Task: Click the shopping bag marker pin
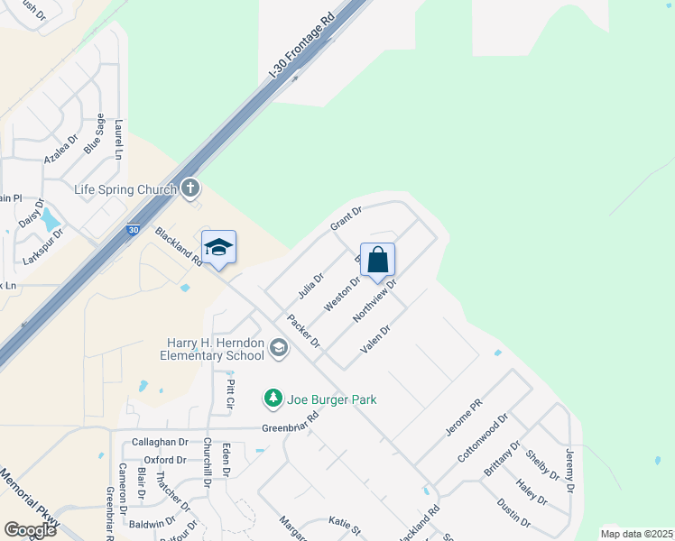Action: click(x=378, y=259)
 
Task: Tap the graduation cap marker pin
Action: click(x=218, y=248)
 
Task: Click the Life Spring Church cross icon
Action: click(x=190, y=188)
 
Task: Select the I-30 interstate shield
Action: click(x=134, y=231)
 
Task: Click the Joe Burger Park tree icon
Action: click(x=273, y=398)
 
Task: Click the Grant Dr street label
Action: click(x=346, y=217)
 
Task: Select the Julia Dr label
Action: click(x=310, y=286)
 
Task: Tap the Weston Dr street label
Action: click(x=343, y=292)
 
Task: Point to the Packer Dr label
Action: click(x=304, y=330)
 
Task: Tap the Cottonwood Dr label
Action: click(x=484, y=438)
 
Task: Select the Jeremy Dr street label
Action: click(x=569, y=471)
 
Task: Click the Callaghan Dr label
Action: click(x=161, y=443)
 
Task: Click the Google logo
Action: click(x=30, y=530)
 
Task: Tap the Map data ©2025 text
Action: click(x=635, y=534)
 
